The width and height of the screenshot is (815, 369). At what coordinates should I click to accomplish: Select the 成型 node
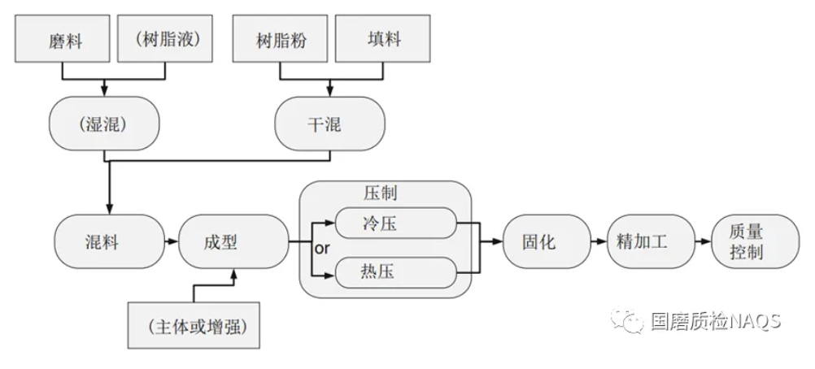tap(233, 241)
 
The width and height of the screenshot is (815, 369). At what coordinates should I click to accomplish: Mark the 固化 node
tap(541, 241)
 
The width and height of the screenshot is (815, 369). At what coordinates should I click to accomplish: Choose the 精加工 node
tap(643, 241)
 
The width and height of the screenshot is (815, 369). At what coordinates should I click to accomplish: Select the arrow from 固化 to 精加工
tap(593, 241)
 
